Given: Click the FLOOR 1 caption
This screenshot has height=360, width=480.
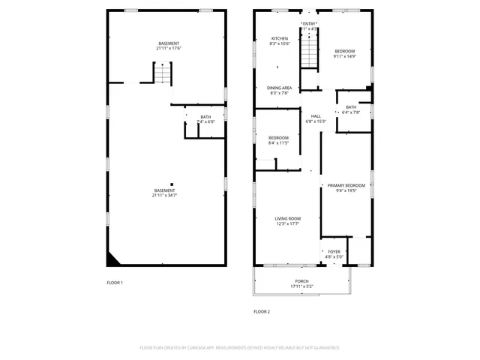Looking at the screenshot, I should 115,283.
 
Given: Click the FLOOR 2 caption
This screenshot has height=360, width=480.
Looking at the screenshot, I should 261,311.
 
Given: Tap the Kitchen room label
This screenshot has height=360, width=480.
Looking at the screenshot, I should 279,38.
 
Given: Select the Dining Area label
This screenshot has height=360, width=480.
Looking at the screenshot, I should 279,88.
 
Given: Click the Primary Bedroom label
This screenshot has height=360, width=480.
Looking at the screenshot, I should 346,185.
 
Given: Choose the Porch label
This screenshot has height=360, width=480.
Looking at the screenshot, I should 301,282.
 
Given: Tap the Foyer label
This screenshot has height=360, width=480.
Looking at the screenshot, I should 334,252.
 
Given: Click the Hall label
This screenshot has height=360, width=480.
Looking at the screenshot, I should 316,115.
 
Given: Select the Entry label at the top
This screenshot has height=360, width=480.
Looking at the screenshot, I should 309,24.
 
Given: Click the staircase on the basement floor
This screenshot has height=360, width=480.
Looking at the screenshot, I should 163,73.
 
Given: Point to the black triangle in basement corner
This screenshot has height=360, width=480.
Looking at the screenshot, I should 112,259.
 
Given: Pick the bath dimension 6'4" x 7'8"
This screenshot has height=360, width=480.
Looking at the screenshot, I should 351,112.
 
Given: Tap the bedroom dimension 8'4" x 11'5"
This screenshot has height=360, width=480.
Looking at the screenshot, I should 279,142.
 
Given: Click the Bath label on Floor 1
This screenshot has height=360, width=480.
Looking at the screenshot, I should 205,117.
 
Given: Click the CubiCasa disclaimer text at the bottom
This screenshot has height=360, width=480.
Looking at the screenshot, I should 240,348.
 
